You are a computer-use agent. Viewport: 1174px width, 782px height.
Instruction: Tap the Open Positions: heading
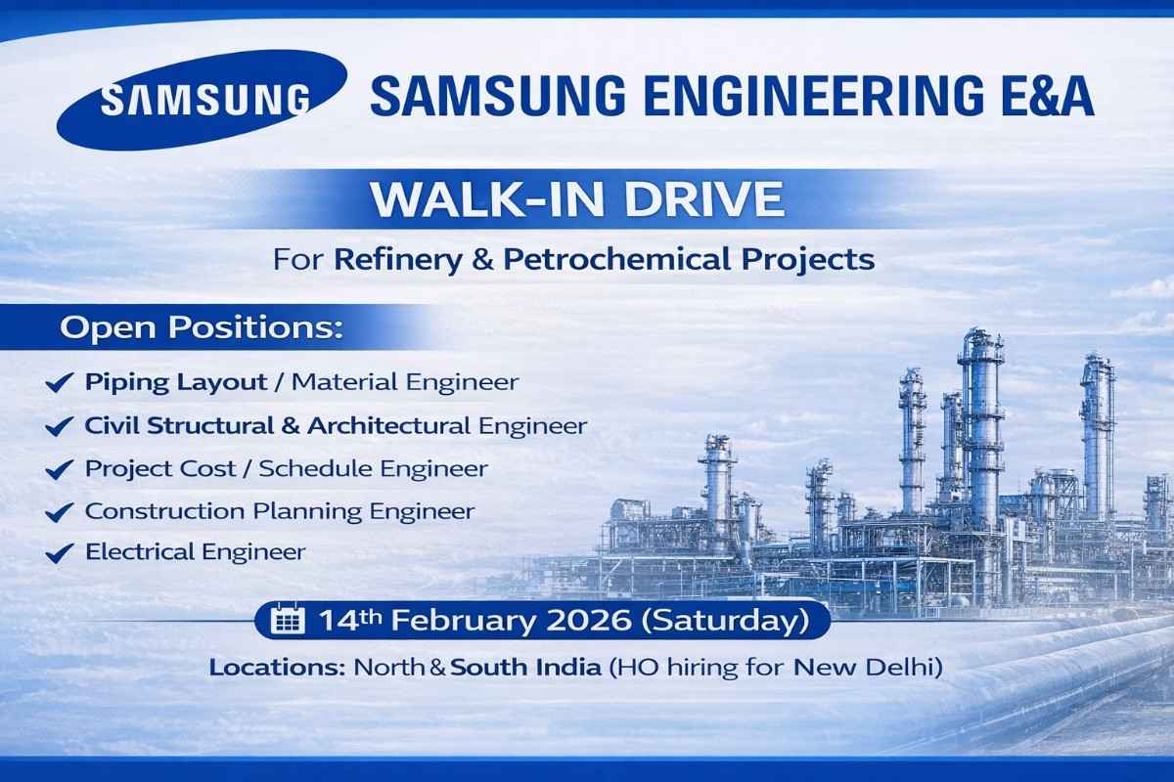click(x=202, y=328)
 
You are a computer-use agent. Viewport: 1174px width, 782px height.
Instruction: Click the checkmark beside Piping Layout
click(x=60, y=383)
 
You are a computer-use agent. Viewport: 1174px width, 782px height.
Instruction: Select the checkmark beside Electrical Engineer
click(x=60, y=553)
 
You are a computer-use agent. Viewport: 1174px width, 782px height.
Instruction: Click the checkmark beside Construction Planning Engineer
click(x=60, y=511)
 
